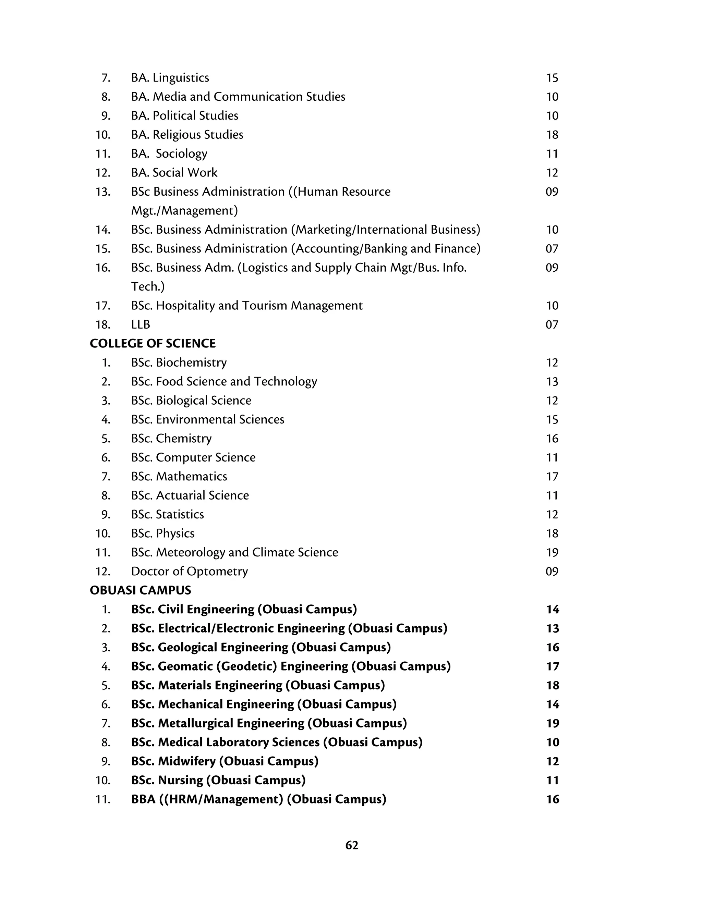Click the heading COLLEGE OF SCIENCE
click(x=153, y=343)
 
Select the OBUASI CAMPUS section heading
click(x=140, y=590)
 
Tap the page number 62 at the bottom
click(x=351, y=845)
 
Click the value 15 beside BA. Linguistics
click(x=552, y=78)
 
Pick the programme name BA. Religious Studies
click(x=187, y=135)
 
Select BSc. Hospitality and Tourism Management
click(x=246, y=306)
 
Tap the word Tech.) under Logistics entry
click(x=148, y=286)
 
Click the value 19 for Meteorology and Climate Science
click(x=552, y=553)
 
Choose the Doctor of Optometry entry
click(x=189, y=571)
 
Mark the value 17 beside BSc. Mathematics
click(x=552, y=477)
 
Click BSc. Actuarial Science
click(x=190, y=495)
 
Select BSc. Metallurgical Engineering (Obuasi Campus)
click(x=269, y=723)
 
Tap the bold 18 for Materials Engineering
click(x=552, y=686)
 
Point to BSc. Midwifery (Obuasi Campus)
click(x=225, y=761)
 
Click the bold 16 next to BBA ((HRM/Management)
click(x=552, y=799)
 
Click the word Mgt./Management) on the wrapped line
click(x=184, y=211)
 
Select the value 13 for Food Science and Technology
click(x=552, y=382)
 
